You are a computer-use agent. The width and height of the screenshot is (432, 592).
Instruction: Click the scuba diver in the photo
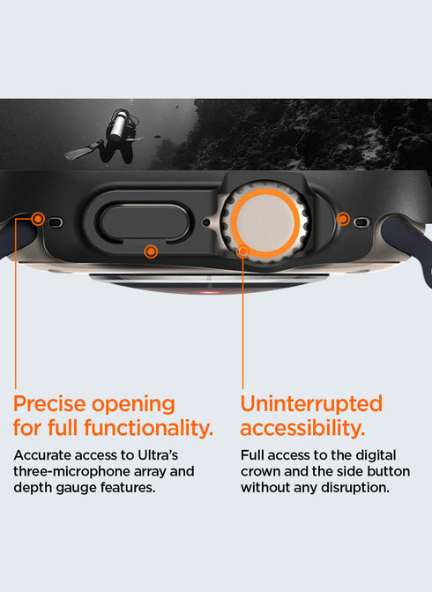109,136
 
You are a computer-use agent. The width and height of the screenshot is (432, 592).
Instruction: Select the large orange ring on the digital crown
265,222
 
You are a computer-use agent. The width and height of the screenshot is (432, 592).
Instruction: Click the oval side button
145,222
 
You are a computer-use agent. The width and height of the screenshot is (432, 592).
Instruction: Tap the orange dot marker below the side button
151,251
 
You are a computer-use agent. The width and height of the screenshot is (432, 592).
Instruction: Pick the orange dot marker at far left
38,219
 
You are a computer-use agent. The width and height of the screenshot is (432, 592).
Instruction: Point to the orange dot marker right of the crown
343,219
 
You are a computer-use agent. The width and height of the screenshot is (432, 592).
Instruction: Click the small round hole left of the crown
206,222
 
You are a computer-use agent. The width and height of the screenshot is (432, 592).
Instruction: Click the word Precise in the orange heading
49,404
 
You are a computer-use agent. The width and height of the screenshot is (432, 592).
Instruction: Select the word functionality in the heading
149,428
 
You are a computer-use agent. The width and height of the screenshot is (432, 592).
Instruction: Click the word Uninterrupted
311,404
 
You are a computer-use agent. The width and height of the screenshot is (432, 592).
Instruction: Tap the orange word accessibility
302,429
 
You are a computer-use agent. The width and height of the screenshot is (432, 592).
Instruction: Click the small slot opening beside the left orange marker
55,222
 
